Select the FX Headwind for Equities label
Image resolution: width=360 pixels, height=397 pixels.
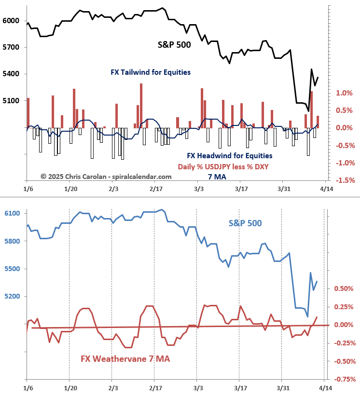pos(229,156)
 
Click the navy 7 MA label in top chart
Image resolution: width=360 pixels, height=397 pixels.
pos(217,177)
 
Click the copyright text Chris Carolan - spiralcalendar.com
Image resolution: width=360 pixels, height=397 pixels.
pos(106,177)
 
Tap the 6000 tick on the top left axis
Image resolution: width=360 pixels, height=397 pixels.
pos(11,21)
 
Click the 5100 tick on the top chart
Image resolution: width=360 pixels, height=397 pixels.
pos(11,101)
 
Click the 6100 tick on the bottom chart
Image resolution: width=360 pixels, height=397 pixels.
pos(11,214)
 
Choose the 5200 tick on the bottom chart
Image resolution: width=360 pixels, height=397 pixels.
pos(11,296)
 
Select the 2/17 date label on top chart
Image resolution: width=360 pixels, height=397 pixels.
pos(155,190)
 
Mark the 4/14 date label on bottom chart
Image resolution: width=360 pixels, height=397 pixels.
pos(325,387)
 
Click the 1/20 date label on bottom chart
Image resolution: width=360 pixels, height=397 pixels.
pos(70,387)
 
